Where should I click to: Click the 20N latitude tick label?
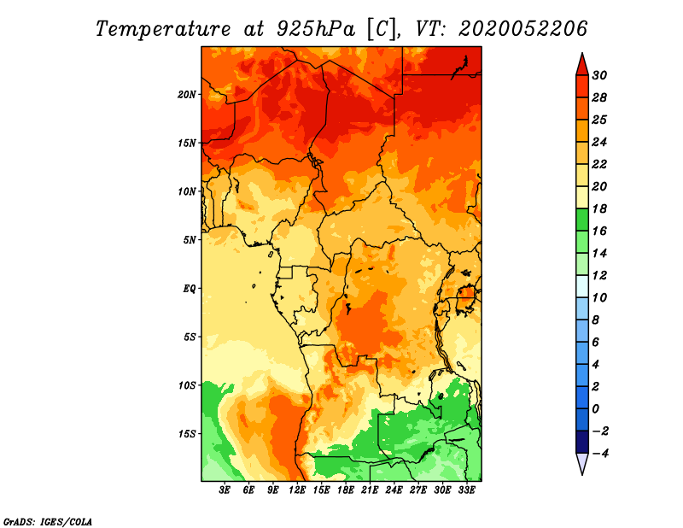click(x=186, y=95)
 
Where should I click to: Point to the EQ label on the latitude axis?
click(x=189, y=289)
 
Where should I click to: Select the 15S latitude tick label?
click(x=187, y=434)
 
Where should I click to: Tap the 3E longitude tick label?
click(x=225, y=490)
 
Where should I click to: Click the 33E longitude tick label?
click(x=466, y=490)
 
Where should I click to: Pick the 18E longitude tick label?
click(x=346, y=490)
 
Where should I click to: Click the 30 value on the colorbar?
click(x=599, y=75)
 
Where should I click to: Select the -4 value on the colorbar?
click(x=601, y=454)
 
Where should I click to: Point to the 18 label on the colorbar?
click(x=599, y=208)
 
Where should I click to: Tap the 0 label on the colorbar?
click(x=596, y=409)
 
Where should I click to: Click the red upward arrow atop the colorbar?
click(x=582, y=64)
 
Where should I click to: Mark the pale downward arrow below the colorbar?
click(x=582, y=464)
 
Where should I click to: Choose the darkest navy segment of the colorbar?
click(x=582, y=442)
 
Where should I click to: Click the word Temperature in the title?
click(x=163, y=29)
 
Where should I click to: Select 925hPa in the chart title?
click(x=316, y=29)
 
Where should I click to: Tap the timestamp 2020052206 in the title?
click(x=522, y=29)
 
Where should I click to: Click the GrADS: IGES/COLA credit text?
click(x=48, y=522)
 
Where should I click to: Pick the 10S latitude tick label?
click(x=187, y=385)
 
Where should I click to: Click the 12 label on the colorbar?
click(x=599, y=276)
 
